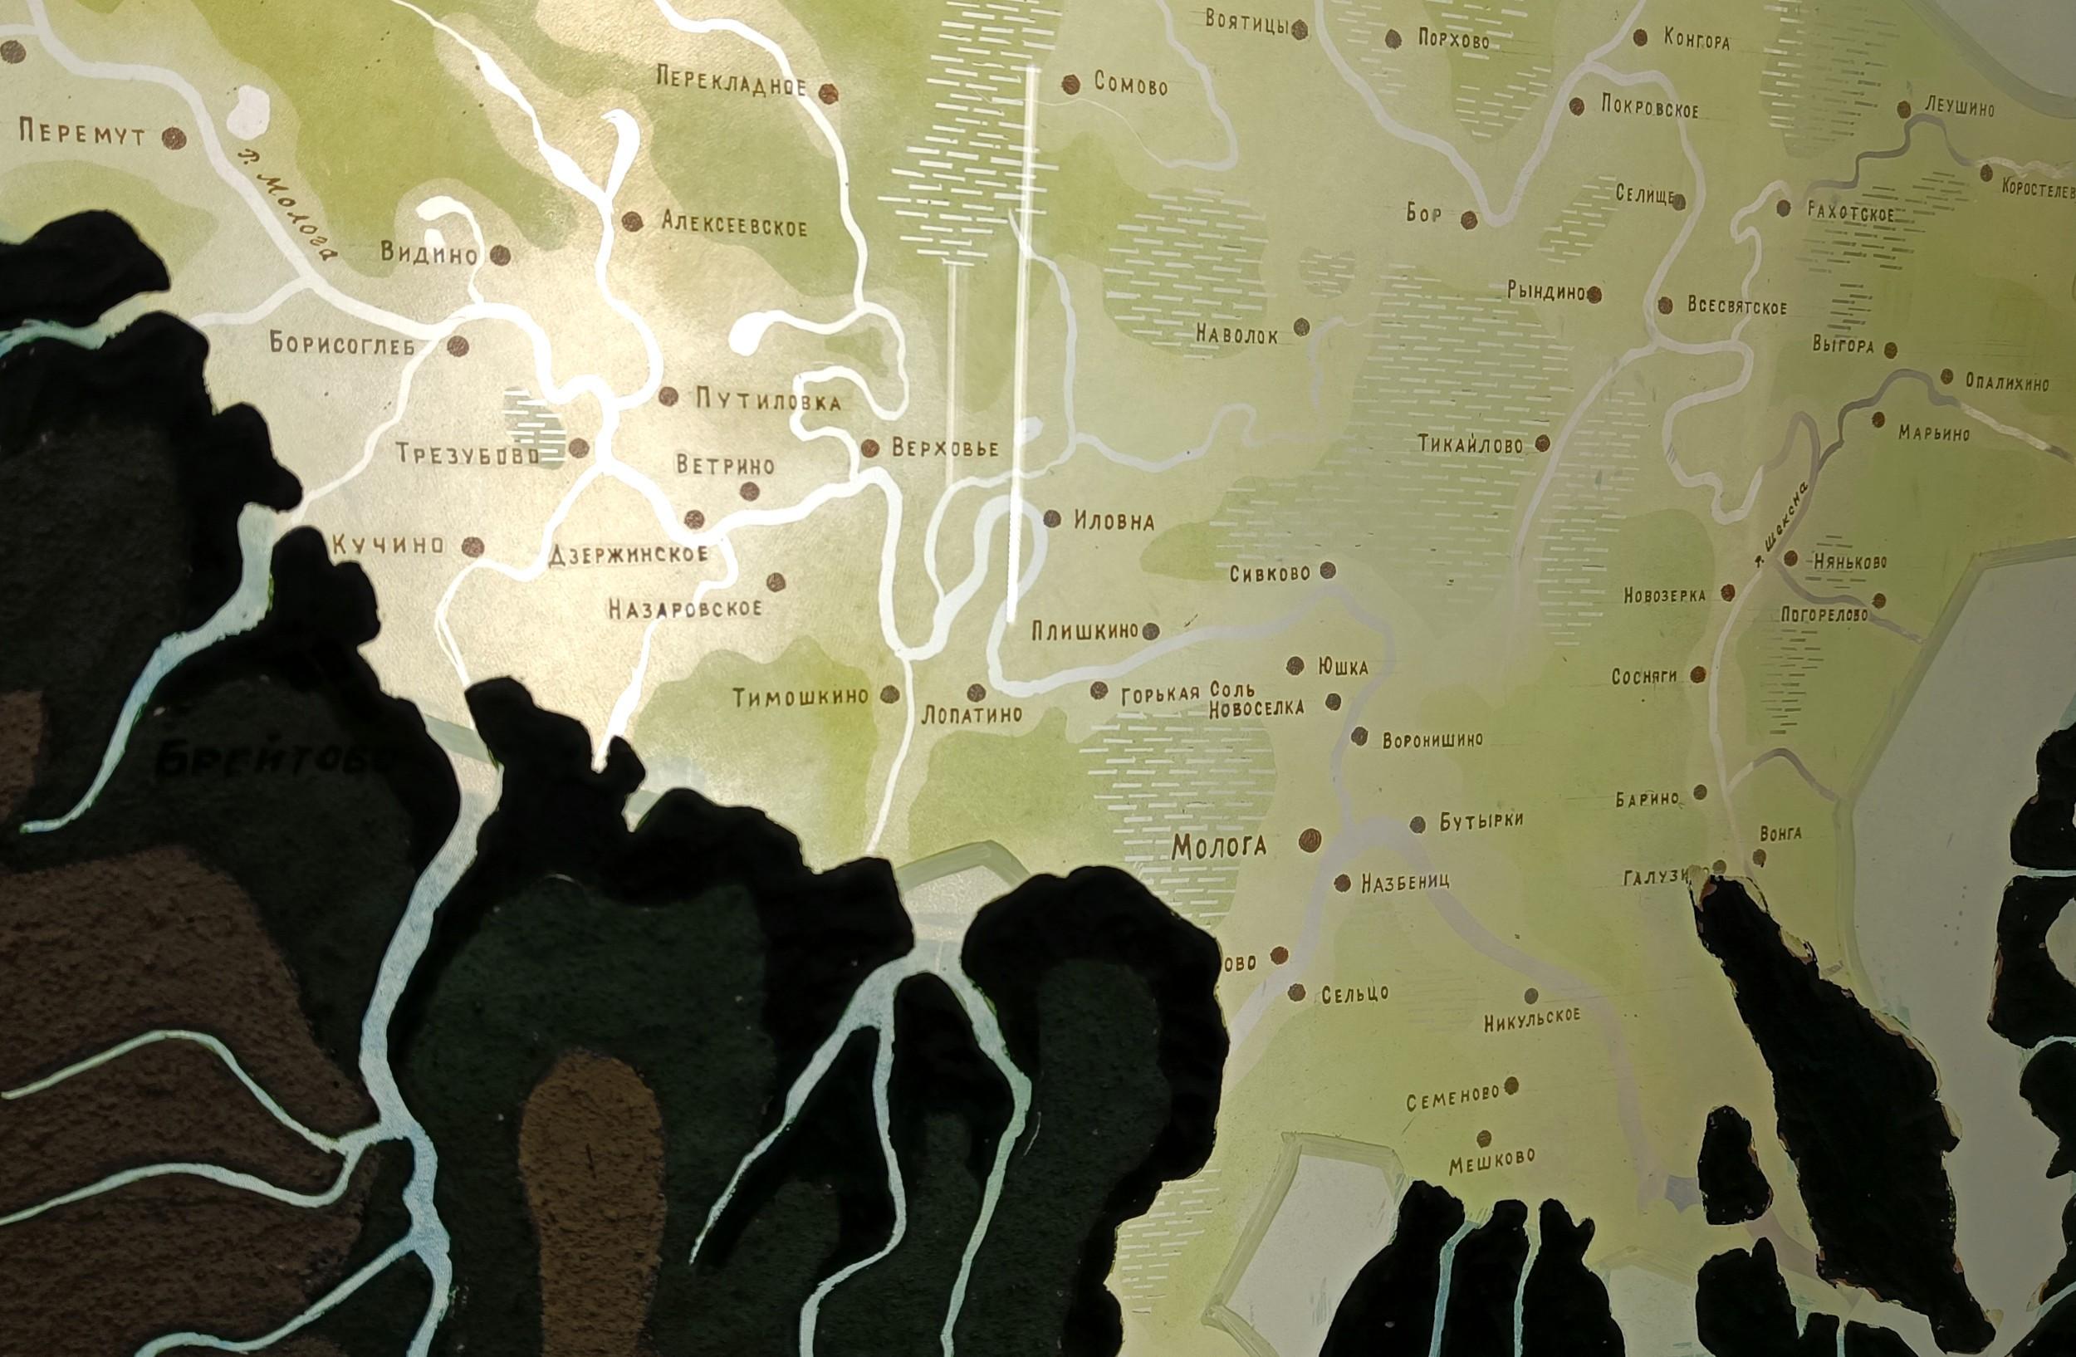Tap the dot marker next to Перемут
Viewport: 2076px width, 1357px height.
coord(175,138)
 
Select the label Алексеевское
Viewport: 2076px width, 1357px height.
coord(733,225)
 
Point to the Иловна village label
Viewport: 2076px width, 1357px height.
coord(1114,522)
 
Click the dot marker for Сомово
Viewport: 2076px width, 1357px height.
coord(1070,84)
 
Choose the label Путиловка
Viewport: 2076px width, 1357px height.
coord(768,401)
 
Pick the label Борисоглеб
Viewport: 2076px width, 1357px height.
coord(342,343)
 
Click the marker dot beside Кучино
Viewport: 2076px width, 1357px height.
coord(472,546)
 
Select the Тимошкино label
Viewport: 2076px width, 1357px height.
coord(801,696)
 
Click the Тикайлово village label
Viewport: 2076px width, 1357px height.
coord(1470,445)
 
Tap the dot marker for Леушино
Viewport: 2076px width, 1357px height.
coord(1905,109)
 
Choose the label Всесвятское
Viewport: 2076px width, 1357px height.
coord(1736,307)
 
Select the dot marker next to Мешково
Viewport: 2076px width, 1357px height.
coord(1484,1138)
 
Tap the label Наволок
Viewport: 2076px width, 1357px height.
coord(1236,334)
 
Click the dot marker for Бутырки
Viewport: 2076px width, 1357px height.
coord(1417,824)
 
